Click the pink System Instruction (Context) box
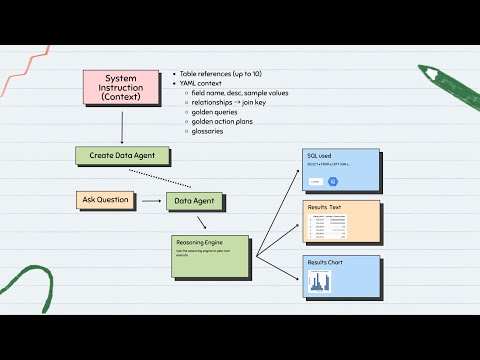point(120,88)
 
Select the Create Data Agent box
point(123,156)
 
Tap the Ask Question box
point(105,200)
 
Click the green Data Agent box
point(195,201)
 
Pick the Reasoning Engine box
point(209,257)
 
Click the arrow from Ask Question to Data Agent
point(151,201)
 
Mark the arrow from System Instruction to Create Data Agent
point(121,126)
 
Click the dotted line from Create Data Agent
point(160,178)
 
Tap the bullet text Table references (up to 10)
point(222,74)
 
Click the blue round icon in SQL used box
point(335,181)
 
